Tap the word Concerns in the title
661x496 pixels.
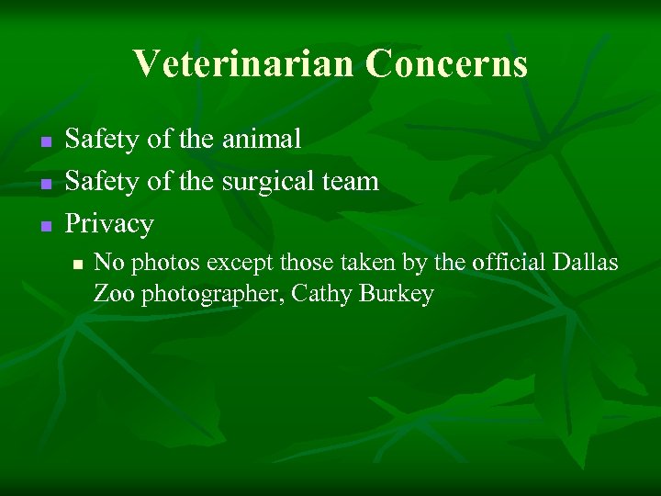[x=446, y=64]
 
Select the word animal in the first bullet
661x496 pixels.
[x=261, y=139]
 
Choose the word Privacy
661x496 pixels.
[x=109, y=224]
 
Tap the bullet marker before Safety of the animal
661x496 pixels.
[x=43, y=141]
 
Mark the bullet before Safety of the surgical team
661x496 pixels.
[x=43, y=183]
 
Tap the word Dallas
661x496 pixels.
[x=588, y=263]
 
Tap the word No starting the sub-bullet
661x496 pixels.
[x=109, y=263]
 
